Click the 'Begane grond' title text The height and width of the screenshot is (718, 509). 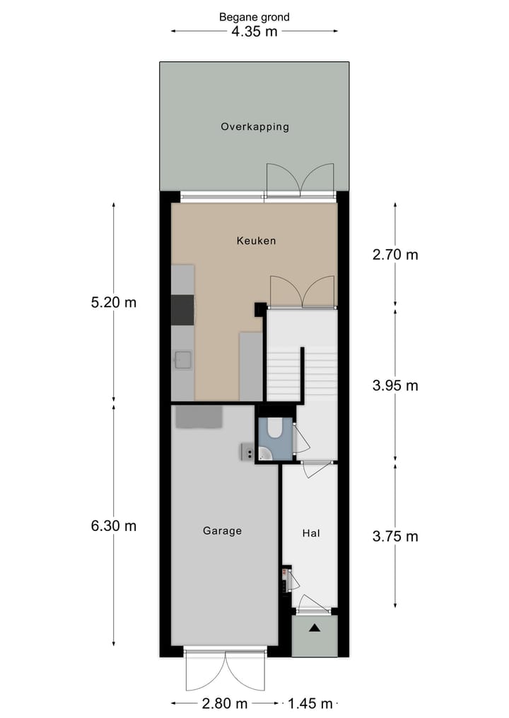pos(254,17)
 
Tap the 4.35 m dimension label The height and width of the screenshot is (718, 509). pos(254,32)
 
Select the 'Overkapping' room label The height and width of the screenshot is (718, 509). pos(255,127)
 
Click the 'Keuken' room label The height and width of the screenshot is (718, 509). pos(256,241)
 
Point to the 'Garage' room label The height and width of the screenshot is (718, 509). pos(222,531)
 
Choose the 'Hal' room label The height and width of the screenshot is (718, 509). pos(311,534)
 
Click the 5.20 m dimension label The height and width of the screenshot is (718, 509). pos(113,303)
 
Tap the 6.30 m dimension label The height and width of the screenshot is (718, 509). pos(113,526)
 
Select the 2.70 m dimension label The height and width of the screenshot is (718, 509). pos(395,254)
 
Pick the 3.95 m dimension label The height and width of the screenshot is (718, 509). pos(395,385)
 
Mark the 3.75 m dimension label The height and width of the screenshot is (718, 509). pos(395,537)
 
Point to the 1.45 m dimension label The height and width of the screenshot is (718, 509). pos(309,704)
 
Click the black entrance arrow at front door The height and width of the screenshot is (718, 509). pos(314,627)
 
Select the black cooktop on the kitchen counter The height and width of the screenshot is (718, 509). pos(182,309)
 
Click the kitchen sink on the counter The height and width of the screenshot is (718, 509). pos(183,361)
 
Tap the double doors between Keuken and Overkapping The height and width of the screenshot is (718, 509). pos(300,179)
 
